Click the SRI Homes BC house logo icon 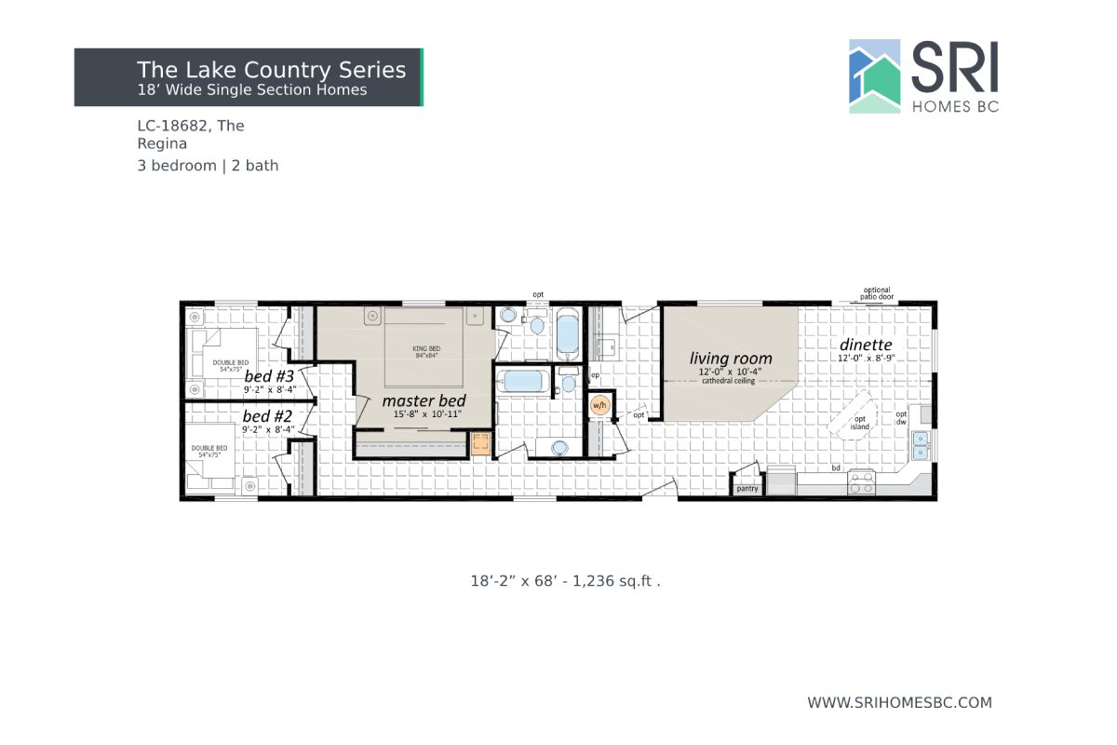coord(875,76)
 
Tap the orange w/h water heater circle coord(599,405)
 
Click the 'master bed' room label coord(424,400)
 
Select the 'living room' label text coord(731,359)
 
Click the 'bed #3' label coord(270,376)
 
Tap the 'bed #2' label coord(268,416)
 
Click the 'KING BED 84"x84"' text coord(425,352)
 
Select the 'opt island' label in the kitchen coord(860,423)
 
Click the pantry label coord(747,488)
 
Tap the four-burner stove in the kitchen coord(861,483)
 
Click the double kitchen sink coord(920,445)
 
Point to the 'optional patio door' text coord(876,292)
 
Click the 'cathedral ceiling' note coord(730,380)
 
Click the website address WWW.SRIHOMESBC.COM coord(899,702)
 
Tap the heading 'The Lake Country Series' coord(271,70)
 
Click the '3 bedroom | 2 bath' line coord(208,166)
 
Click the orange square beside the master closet coord(481,443)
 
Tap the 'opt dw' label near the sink coord(901,418)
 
